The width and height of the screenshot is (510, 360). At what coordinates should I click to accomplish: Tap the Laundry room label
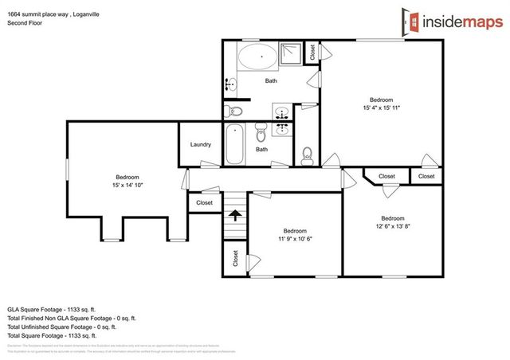pyautogui.click(x=200, y=144)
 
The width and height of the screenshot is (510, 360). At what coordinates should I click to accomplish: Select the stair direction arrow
pyautogui.click(x=235, y=213)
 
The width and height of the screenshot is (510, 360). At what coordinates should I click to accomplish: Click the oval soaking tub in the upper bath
pyautogui.click(x=257, y=57)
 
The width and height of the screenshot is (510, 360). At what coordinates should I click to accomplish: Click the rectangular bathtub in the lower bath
pyautogui.click(x=234, y=144)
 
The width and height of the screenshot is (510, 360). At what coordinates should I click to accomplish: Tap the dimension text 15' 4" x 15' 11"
pyautogui.click(x=381, y=108)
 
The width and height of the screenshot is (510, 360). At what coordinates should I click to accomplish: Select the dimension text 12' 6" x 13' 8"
pyautogui.click(x=392, y=226)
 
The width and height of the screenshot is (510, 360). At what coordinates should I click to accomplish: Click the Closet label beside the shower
pyautogui.click(x=313, y=51)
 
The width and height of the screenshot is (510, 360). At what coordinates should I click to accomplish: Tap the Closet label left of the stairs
pyautogui.click(x=205, y=203)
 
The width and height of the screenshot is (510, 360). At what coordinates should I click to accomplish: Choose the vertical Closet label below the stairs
pyautogui.click(x=235, y=258)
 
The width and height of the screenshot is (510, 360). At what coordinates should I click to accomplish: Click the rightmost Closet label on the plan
pyautogui.click(x=426, y=176)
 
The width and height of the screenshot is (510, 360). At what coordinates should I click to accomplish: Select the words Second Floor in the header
pyautogui.click(x=25, y=23)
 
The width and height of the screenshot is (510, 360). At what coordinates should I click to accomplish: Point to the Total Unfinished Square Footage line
pyautogui.click(x=61, y=327)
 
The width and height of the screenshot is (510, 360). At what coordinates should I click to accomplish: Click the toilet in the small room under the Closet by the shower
pyautogui.click(x=308, y=153)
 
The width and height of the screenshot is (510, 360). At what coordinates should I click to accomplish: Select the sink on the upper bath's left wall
pyautogui.click(x=231, y=84)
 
